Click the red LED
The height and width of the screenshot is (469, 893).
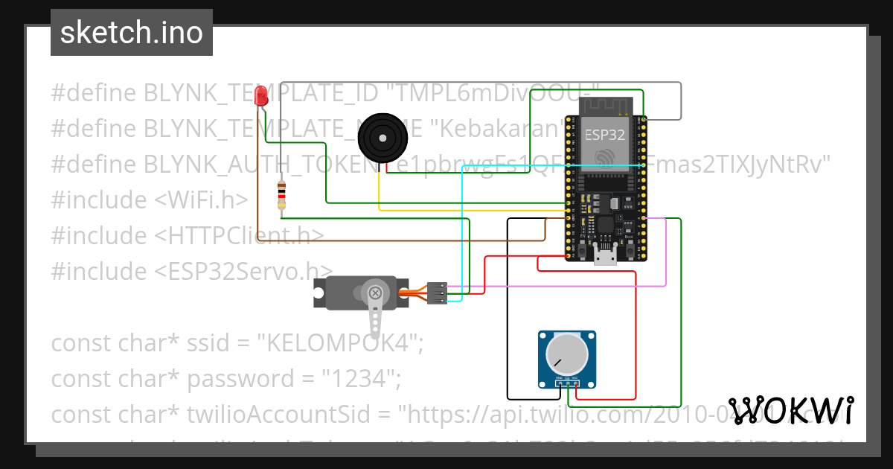point(260,95)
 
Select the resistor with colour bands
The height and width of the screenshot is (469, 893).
point(281,196)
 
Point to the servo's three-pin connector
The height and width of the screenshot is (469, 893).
point(438,293)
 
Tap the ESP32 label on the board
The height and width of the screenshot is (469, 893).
point(604,135)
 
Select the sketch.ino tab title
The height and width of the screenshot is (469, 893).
point(131,33)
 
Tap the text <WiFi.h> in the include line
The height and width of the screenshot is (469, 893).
point(202,200)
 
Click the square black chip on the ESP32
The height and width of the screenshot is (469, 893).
point(605,224)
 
